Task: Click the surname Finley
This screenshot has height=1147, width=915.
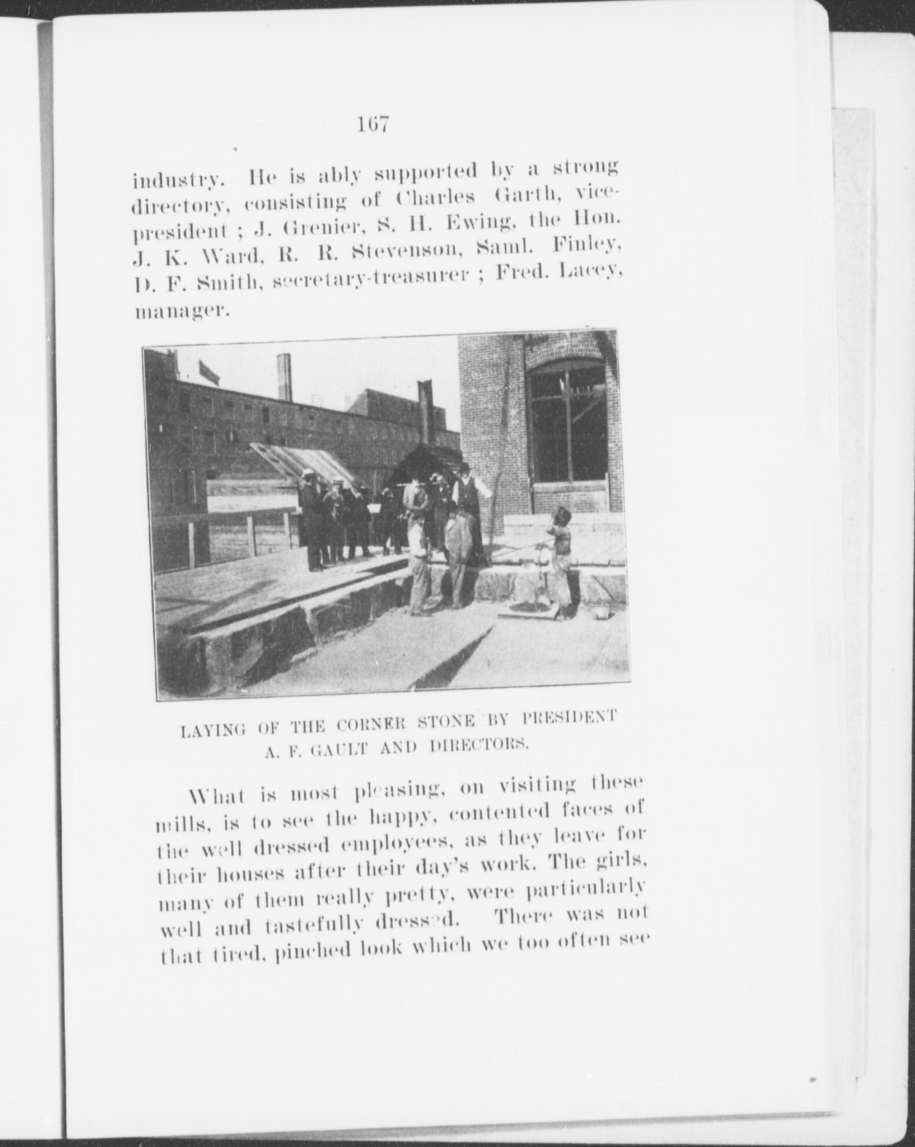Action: coord(587,249)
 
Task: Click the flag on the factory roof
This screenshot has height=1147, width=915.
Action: coord(209,371)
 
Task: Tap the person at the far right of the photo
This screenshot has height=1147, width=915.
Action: coord(561,564)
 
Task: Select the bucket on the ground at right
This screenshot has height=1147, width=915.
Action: coord(601,611)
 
